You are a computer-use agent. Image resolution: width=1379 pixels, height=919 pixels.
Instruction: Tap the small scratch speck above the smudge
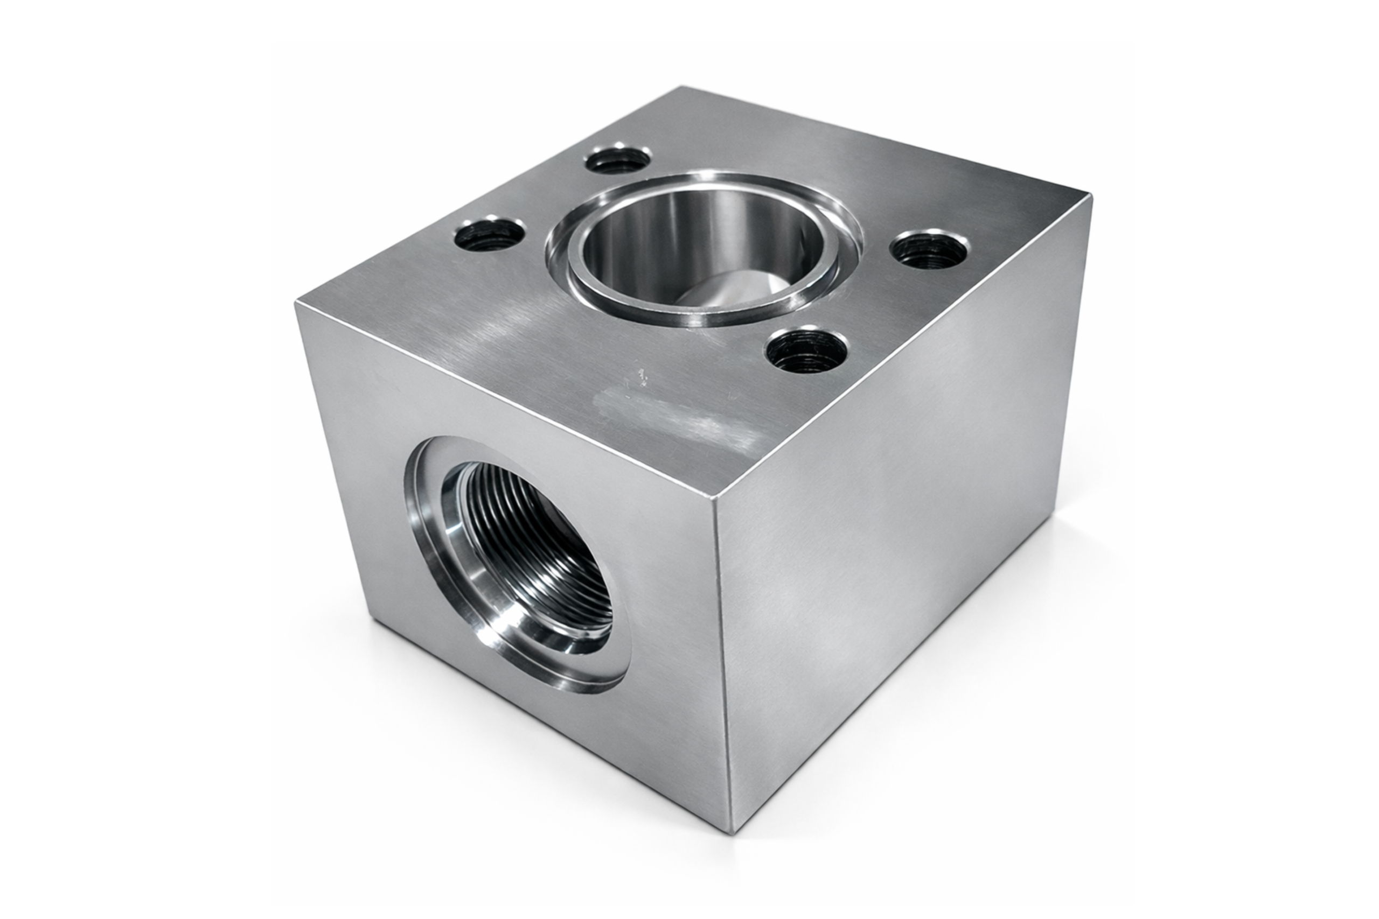point(643,375)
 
